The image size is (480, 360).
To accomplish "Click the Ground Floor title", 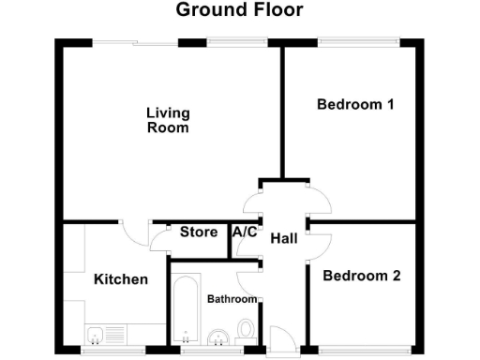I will click(x=239, y=10).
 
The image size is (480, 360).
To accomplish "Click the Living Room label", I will click(x=168, y=120).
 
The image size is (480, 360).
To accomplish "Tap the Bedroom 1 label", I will click(x=354, y=104).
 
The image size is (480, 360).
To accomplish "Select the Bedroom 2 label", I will click(x=362, y=276).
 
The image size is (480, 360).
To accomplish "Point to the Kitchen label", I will click(x=121, y=279).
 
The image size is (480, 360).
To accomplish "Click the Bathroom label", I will click(x=232, y=299).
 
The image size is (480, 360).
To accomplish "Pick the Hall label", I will click(x=283, y=239).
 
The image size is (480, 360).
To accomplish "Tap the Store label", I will click(x=199, y=232).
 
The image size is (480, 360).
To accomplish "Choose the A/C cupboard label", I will click(x=245, y=232).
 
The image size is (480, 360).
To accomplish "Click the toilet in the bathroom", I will click(x=246, y=331).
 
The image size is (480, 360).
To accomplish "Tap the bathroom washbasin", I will click(x=218, y=336).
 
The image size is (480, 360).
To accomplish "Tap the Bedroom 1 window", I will click(x=359, y=40).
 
